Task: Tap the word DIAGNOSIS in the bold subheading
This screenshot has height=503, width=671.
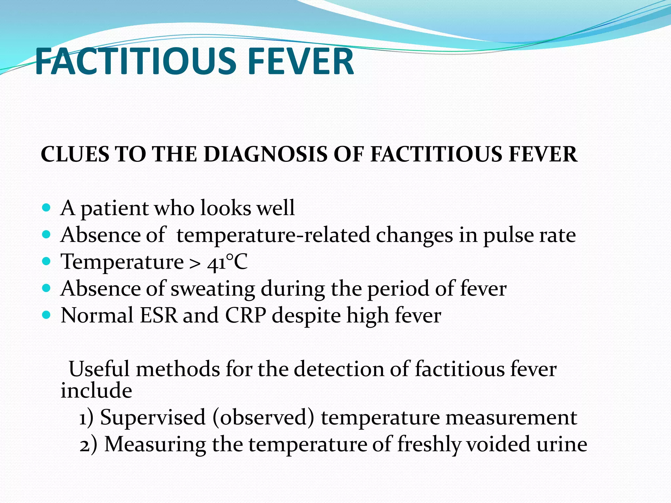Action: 265,154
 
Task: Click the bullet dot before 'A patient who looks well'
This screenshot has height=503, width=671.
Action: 47,208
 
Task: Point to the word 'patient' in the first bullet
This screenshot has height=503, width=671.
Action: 115,209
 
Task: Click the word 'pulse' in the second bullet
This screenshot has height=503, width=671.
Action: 508,236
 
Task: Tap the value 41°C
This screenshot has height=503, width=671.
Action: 227,262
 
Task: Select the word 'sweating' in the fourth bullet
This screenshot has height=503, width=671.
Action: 213,289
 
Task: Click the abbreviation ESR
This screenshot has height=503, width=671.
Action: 159,316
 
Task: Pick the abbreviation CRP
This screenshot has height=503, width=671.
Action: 245,316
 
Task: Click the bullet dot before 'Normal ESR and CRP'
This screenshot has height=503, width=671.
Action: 47,315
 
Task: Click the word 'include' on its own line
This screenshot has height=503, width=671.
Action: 96,391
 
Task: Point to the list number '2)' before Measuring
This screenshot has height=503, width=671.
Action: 88,445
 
